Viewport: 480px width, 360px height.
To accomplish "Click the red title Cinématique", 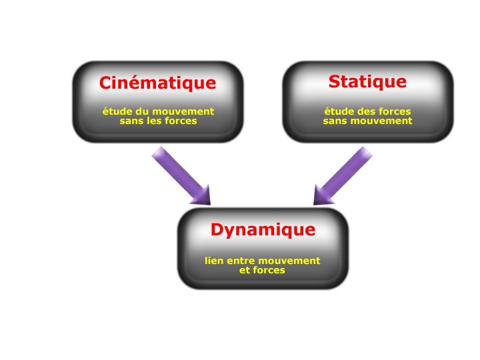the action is [157, 83].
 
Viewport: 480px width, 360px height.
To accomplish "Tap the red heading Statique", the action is [367, 82].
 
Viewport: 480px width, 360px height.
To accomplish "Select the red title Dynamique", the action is [263, 230].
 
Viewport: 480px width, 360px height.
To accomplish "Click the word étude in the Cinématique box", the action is [115, 111].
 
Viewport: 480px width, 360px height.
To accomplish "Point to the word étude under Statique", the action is [338, 111].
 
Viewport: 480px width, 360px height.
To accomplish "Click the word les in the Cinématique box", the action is [156, 121].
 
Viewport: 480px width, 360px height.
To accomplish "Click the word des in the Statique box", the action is [364, 111].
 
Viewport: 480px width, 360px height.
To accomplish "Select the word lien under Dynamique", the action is [215, 261].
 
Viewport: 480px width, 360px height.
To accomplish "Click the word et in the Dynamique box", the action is [244, 271].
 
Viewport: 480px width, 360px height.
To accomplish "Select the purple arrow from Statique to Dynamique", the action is [343, 175].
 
